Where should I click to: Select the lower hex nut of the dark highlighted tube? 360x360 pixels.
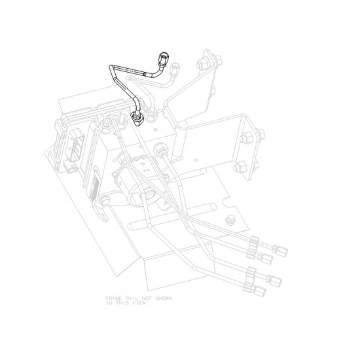coord(138,118)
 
